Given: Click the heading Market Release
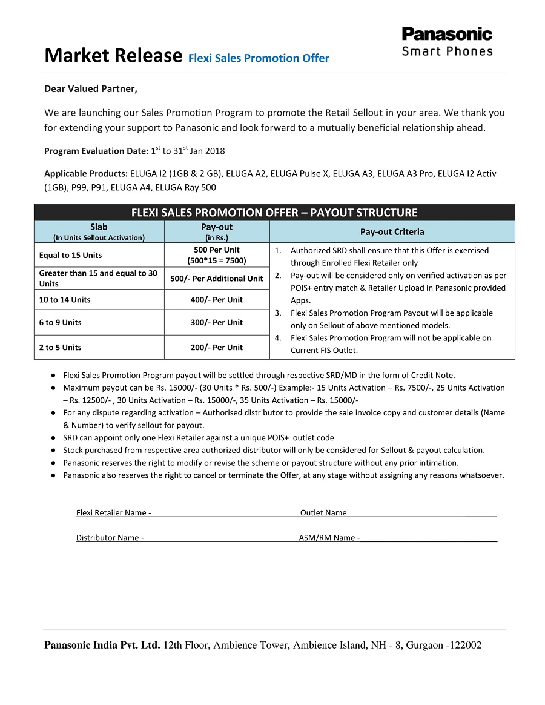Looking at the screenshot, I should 113,56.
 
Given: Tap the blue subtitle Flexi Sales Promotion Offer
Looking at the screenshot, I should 259,58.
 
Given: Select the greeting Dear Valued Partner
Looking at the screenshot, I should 91,89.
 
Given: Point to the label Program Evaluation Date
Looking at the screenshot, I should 96,151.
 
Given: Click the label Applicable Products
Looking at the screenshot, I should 86,173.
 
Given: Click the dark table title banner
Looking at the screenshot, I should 274,213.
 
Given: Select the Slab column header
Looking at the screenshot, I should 99,227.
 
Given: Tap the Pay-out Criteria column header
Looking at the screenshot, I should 392,232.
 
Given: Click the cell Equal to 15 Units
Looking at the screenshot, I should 71,255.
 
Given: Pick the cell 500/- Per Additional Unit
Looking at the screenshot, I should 216,279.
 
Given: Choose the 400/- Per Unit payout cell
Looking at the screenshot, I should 216,300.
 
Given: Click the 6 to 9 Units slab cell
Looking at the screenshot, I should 61,322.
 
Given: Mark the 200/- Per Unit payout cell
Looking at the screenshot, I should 216,348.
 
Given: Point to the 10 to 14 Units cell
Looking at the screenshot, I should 65,300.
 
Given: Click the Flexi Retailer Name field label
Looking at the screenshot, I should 113,513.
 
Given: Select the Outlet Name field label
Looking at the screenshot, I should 323,513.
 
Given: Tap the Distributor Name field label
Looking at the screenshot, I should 110,538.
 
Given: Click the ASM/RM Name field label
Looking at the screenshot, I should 329,538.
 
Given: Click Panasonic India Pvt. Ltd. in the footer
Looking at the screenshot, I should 102,645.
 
